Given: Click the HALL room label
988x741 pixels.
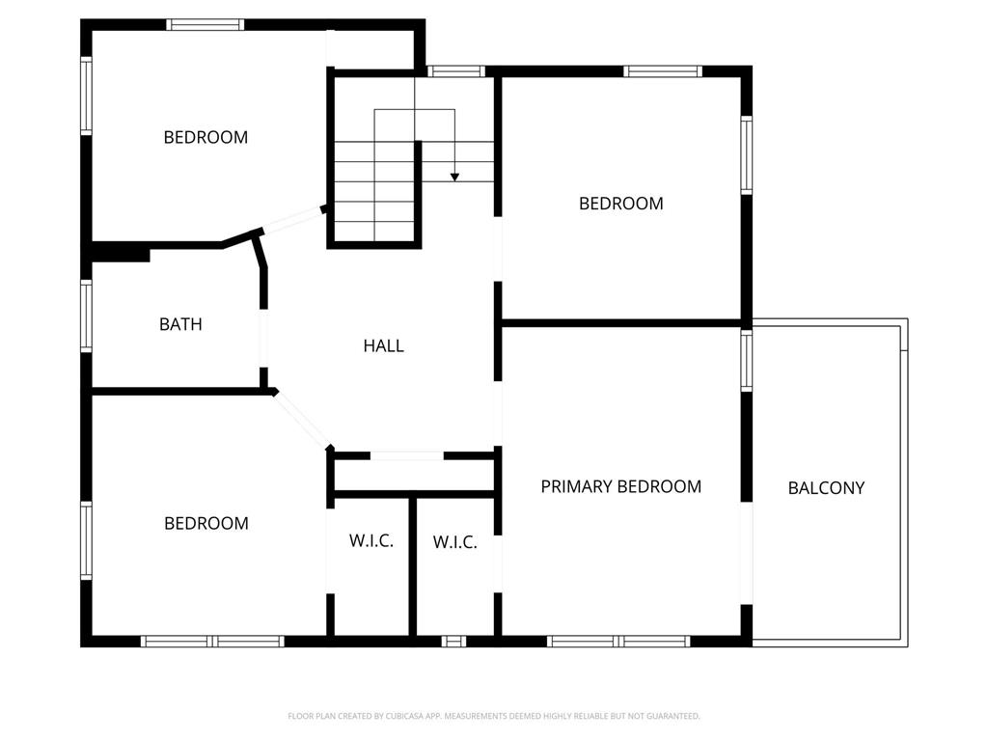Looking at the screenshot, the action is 383,345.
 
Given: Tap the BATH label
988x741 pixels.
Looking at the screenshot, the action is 180,324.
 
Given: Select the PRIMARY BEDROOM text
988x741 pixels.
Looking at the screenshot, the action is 620,486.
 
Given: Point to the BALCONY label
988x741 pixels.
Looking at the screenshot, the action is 826,487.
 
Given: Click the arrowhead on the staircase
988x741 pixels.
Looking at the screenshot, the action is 454,178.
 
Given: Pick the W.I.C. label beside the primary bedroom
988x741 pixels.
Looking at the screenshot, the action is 455,542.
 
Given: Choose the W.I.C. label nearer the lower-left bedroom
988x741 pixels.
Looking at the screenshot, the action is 371,540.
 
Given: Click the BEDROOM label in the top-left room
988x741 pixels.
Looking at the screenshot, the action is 206,137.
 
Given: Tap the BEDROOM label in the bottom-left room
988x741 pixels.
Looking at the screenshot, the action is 206,523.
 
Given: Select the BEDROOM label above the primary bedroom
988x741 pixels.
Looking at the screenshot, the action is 620,204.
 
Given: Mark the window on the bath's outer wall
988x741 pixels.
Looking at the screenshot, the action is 86,316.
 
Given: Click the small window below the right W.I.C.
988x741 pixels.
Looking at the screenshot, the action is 453,642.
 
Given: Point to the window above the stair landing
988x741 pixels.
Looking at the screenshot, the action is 456,71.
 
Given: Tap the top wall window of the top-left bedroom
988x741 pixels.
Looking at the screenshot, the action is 205,24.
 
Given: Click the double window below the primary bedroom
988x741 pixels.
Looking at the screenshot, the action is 618,642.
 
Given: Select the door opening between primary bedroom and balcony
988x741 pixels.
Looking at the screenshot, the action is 746,553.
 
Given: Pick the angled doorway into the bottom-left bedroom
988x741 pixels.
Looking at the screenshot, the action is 302,420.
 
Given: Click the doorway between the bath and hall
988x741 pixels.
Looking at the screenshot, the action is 263,339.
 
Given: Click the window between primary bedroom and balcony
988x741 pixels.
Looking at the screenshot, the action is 746,361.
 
